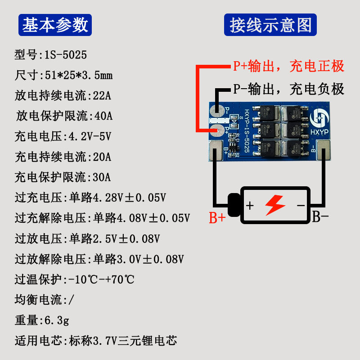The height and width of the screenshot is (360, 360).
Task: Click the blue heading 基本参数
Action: tap(55, 25)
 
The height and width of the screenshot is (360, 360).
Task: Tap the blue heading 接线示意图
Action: tap(270, 25)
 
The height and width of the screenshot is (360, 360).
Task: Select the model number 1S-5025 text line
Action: tap(50, 55)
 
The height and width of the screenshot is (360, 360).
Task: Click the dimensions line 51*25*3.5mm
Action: tap(63, 75)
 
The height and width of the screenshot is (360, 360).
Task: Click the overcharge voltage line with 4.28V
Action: tap(90, 198)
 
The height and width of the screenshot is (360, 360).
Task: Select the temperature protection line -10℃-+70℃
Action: tap(74, 279)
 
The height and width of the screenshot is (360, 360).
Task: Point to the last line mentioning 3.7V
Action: tap(95, 341)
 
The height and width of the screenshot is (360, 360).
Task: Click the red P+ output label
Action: tap(288, 67)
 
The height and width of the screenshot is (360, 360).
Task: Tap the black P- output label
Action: tap(288, 89)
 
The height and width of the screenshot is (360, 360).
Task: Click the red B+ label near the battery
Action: tap(217, 218)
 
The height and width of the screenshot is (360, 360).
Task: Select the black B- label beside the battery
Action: tap(320, 217)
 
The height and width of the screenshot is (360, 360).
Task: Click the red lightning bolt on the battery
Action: tap(275, 205)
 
